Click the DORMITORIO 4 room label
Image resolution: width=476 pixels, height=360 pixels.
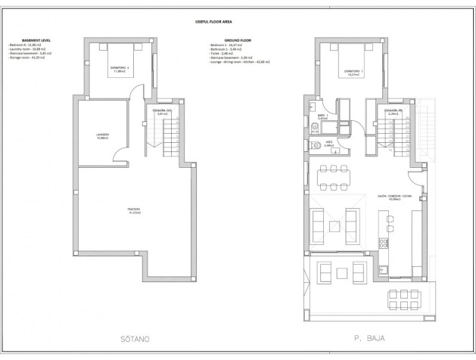pyautogui.click(x=117, y=71)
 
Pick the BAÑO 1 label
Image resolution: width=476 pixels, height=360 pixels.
pyautogui.click(x=322, y=117)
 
